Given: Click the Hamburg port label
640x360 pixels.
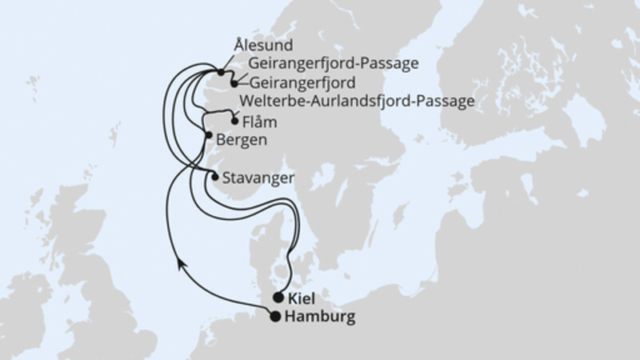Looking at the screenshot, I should pyautogui.click(x=318, y=317).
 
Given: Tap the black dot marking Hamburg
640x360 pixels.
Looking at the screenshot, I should pyautogui.click(x=276, y=317).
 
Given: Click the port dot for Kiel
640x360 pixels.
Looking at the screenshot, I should pyautogui.click(x=278, y=298).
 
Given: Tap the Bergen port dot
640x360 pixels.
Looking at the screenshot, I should pyautogui.click(x=209, y=135).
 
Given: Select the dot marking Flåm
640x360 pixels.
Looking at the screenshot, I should pyautogui.click(x=234, y=122).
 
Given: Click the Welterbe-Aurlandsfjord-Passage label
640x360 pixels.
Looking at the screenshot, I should pyautogui.click(x=357, y=101).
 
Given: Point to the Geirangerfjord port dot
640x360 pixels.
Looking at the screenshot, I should pyautogui.click(x=234, y=82).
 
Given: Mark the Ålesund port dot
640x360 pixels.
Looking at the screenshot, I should pyautogui.click(x=220, y=72).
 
